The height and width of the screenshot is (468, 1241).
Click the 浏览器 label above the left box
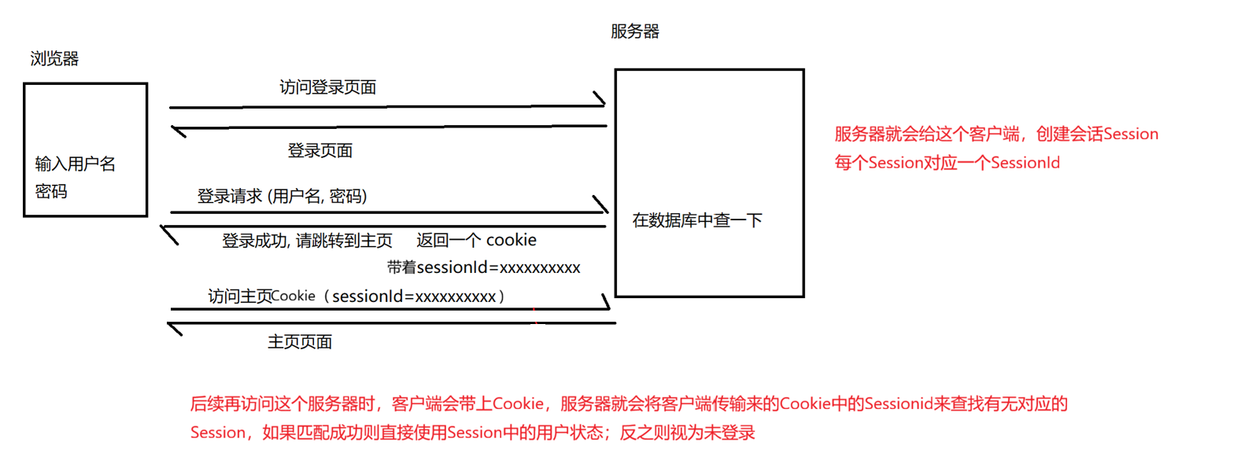coord(54,59)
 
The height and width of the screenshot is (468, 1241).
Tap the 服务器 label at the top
coord(634,31)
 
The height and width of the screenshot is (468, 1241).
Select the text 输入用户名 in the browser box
coord(75,164)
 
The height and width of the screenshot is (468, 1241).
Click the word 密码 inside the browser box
coord(51,191)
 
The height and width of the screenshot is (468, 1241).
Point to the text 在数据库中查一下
coord(697,220)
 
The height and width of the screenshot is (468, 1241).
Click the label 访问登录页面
coord(327,87)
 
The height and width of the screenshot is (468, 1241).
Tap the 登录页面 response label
coord(319,150)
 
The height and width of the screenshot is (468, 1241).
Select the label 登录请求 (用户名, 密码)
coord(282,196)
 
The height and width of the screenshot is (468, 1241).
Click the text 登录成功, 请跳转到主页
coord(307,241)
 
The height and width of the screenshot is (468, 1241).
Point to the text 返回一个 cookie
coord(476,240)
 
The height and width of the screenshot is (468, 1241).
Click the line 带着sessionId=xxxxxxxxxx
coord(483,267)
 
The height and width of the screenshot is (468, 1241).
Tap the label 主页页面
coord(300,342)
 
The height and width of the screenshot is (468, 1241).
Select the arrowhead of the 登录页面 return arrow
coord(177,131)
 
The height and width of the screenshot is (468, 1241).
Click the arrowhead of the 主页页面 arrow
coord(174,328)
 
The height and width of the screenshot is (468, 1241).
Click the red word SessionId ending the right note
coord(1025,163)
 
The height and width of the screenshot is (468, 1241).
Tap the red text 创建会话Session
coord(1097,134)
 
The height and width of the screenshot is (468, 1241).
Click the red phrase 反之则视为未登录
coord(687,433)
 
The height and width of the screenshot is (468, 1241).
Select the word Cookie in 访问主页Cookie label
coord(293,297)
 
